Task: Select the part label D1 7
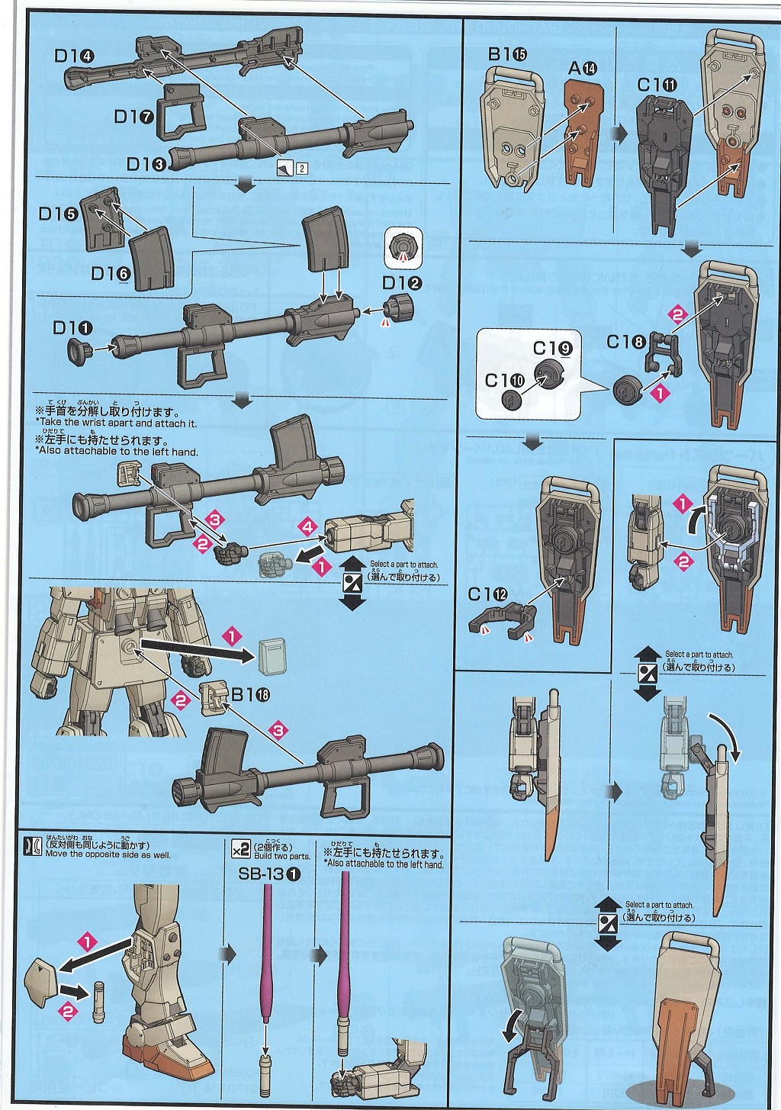[x=134, y=116]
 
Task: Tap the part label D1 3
[x=146, y=163]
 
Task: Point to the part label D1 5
[x=59, y=214]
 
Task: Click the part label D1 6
[x=111, y=273]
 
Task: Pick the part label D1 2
[x=402, y=283]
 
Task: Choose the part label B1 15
[x=507, y=54]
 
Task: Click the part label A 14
[x=583, y=68]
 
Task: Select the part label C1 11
[x=657, y=85]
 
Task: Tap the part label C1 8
[x=625, y=342]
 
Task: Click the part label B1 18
[x=250, y=694]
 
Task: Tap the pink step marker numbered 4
[x=307, y=526]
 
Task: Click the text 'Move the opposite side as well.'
[x=108, y=854]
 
